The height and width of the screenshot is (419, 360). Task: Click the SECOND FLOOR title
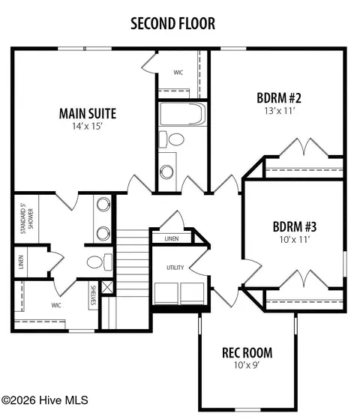[172, 23]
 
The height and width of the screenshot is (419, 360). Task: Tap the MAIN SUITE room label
[88, 114]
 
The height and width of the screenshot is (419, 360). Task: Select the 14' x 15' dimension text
[88, 126]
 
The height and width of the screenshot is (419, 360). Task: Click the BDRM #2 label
[279, 97]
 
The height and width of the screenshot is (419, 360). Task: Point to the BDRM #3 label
[295, 227]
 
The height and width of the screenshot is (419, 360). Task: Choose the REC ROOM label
[247, 353]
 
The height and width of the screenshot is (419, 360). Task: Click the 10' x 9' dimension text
[247, 365]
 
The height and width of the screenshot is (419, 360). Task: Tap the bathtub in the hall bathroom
[183, 114]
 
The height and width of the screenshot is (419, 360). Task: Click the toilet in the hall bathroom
[172, 139]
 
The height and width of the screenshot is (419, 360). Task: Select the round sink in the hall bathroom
[166, 172]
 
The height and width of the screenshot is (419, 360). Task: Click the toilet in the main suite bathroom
[100, 262]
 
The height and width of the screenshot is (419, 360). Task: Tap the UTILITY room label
[175, 268]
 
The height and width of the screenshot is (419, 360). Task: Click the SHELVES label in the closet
[93, 295]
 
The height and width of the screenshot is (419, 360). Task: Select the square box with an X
[108, 287]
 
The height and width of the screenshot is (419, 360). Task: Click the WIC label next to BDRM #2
[178, 73]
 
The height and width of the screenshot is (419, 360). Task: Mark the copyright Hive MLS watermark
[45, 400]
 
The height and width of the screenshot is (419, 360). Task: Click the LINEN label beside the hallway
[172, 238]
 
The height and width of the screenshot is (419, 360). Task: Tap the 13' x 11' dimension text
[280, 111]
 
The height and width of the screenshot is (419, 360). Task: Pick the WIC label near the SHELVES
[56, 305]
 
